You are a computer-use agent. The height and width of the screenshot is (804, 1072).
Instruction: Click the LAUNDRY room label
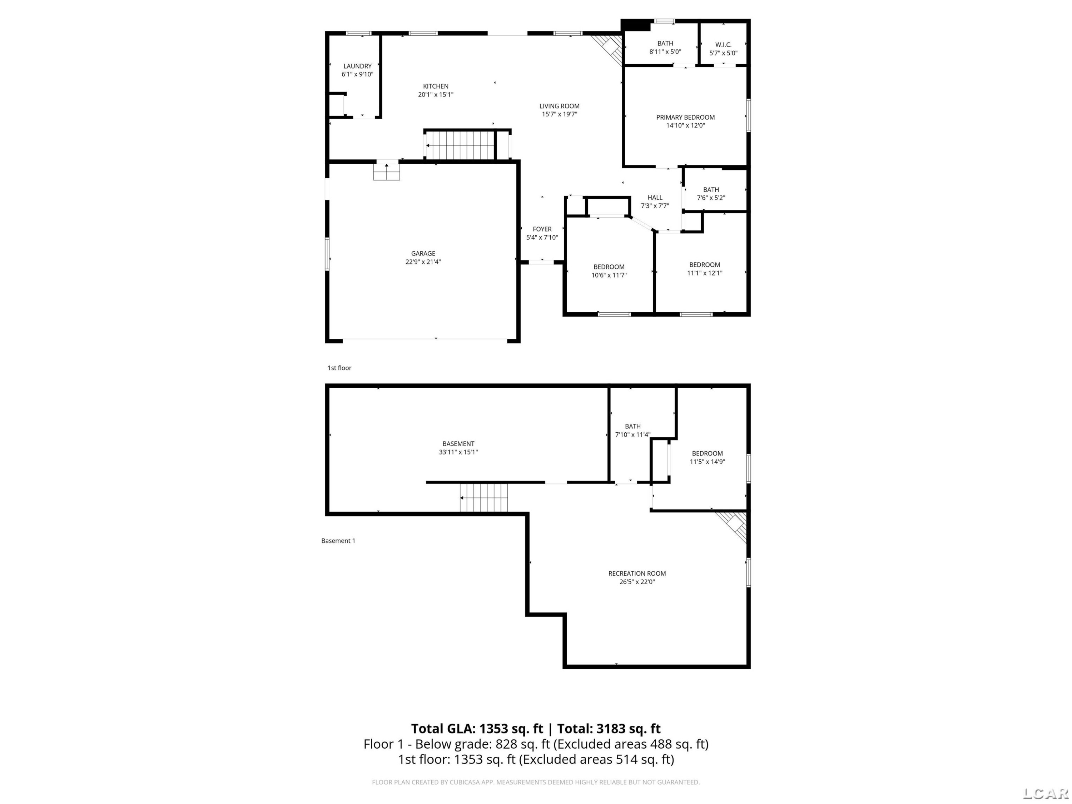click(358, 66)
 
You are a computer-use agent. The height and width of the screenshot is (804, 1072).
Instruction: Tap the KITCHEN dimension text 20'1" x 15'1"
click(436, 94)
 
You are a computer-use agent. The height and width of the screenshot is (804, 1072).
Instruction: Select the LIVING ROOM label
click(559, 106)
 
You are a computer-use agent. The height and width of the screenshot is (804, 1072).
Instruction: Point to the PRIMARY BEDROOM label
click(685, 117)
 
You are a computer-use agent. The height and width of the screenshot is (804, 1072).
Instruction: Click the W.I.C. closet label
click(724, 45)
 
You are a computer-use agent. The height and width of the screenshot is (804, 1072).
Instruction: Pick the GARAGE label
click(423, 253)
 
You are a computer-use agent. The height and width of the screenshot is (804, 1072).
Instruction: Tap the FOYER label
click(542, 229)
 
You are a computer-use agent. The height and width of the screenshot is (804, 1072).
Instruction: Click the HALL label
click(655, 197)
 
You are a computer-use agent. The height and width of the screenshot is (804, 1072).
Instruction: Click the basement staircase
click(484, 498)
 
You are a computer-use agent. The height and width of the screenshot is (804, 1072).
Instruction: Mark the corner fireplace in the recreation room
click(732, 527)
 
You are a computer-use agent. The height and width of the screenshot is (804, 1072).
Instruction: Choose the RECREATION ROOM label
click(637, 573)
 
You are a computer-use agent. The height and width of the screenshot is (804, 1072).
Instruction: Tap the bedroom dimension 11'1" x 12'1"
click(705, 273)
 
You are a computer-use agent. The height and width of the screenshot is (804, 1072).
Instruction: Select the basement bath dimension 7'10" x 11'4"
click(632, 435)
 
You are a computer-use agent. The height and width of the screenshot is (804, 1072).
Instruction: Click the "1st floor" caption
click(339, 368)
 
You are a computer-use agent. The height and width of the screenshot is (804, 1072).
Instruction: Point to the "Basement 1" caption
click(338, 541)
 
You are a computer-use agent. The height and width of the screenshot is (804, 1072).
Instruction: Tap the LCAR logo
click(1046, 793)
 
